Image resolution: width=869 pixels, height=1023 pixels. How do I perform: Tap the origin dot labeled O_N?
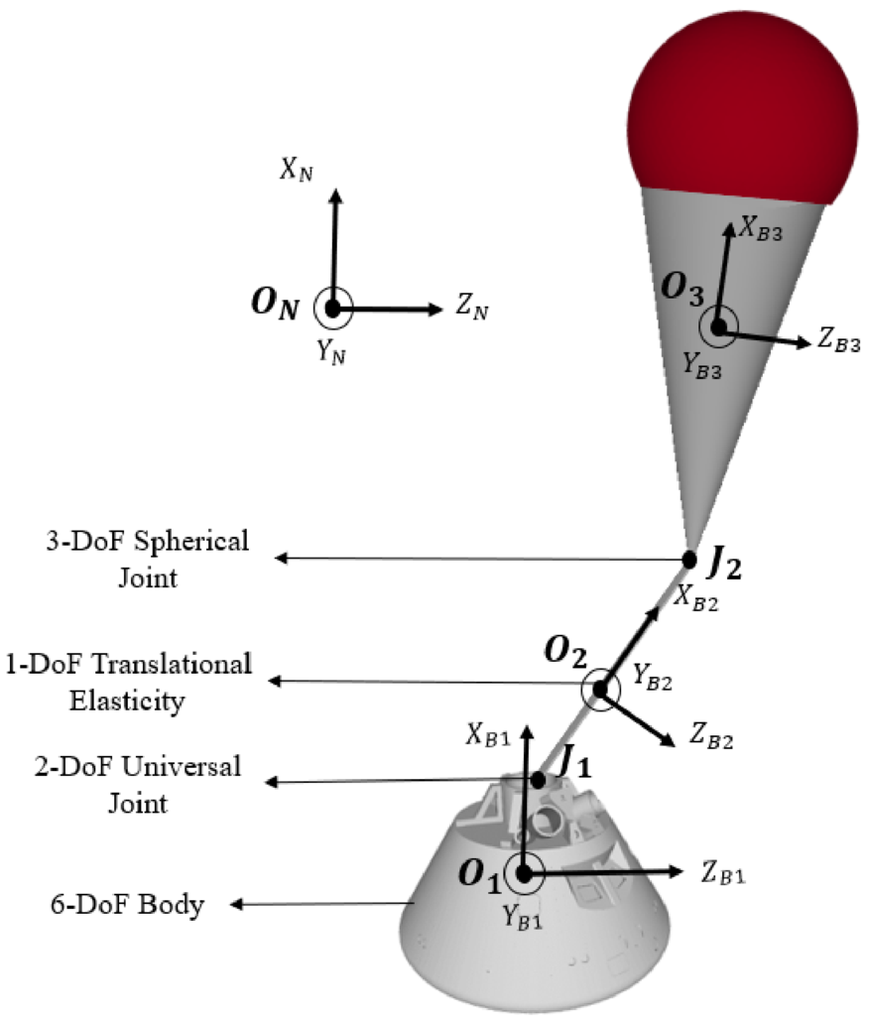point(333,309)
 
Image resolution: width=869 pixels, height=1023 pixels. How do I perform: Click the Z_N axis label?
point(473,310)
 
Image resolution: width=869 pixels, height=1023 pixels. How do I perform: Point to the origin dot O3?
point(717,325)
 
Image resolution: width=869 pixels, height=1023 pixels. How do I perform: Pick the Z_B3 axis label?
point(838,342)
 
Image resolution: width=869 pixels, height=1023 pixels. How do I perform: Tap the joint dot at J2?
point(689,559)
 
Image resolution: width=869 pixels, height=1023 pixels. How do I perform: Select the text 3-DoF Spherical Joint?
point(162,559)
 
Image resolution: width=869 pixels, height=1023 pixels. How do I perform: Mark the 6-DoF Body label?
point(127,904)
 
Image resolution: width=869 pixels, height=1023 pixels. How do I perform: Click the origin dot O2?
point(600,689)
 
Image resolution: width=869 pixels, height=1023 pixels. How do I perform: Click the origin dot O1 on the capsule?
point(525,873)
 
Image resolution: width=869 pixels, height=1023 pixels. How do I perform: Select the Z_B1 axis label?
point(723,875)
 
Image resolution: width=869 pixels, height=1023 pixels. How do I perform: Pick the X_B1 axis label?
point(489,736)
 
